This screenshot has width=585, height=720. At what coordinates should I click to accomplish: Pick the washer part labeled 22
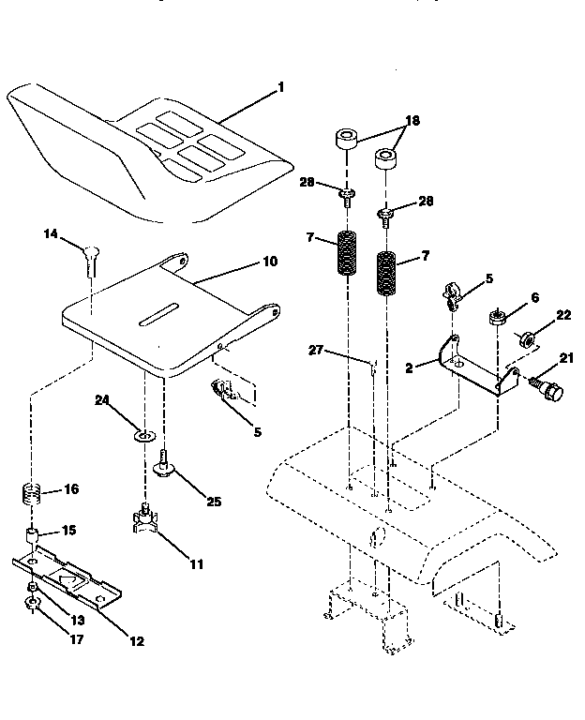528,337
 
